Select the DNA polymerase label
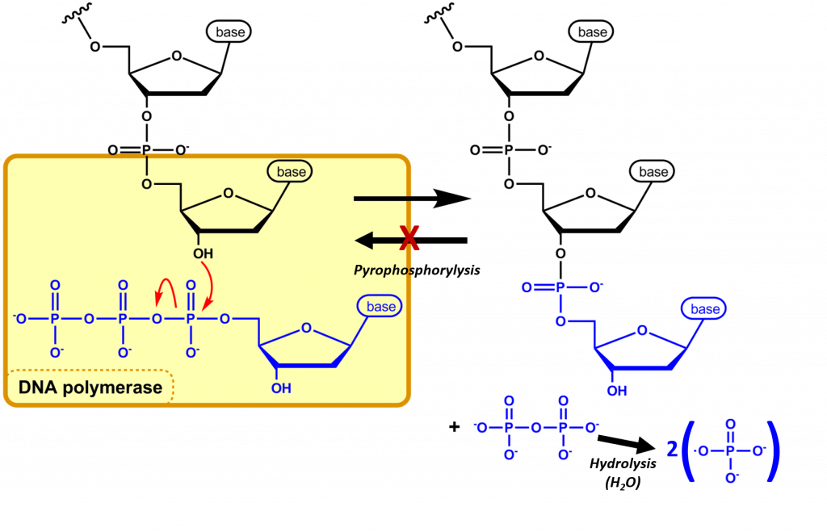coord(90,387)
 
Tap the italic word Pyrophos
coord(384,270)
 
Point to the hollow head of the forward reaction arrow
coord(455,198)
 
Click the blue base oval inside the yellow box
coord(381,307)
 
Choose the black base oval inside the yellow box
coord(292,172)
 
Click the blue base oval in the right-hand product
coord(704,309)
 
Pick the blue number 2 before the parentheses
coord(672,450)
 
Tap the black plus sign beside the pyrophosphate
coord(455,426)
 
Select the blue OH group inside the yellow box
coord(281,388)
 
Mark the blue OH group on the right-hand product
coord(617,392)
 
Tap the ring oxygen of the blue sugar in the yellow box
coord(305,329)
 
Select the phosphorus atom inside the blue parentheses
coord(730,451)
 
